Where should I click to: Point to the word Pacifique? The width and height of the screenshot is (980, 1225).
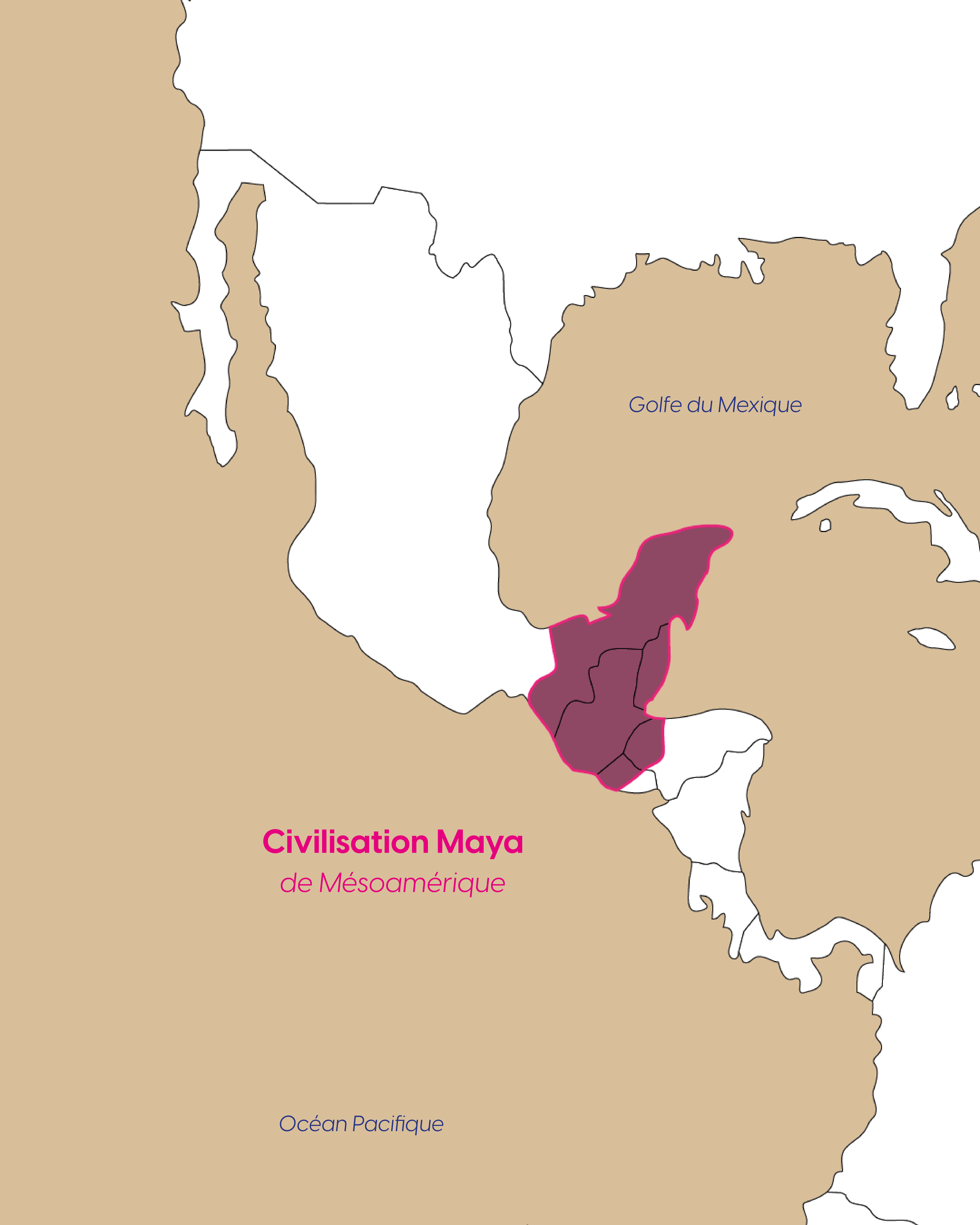pos(398,1124)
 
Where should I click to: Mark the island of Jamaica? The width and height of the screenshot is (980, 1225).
pos(932,638)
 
